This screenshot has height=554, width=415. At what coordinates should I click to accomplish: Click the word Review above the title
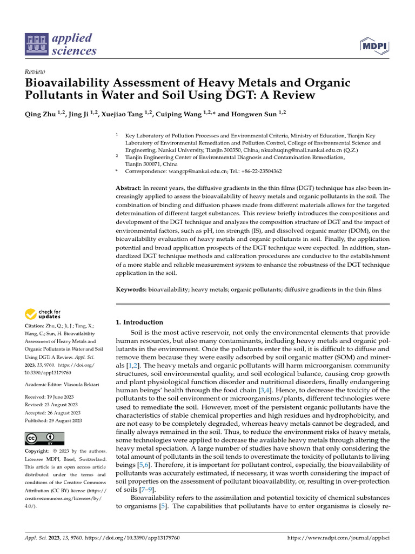(x=35, y=72)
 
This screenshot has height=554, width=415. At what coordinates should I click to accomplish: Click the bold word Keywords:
(x=132, y=289)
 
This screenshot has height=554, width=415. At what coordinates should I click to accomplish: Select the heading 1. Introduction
(x=139, y=322)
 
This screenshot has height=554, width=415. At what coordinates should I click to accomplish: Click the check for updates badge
(x=43, y=314)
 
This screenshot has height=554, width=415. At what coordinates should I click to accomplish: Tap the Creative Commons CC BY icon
(x=44, y=438)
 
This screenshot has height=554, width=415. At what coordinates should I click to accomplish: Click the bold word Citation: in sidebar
(x=36, y=326)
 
